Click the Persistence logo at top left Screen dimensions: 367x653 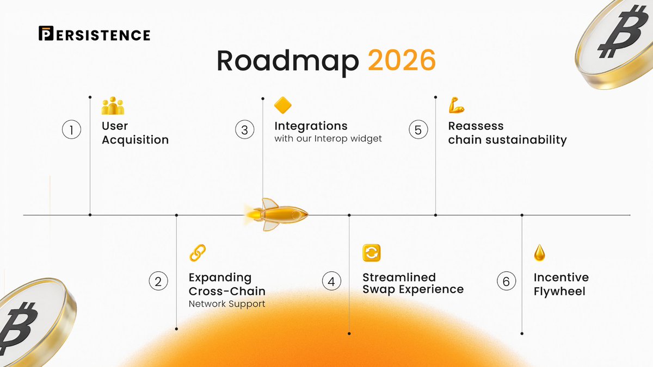pyautogui.click(x=94, y=34)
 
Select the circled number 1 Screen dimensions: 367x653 pyautogui.click(x=71, y=130)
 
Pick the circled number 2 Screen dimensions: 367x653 pyautogui.click(x=158, y=282)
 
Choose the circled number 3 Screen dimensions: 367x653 pyautogui.click(x=245, y=130)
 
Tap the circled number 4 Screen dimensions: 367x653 pyautogui.click(x=331, y=282)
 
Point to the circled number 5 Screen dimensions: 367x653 pyautogui.click(x=418, y=130)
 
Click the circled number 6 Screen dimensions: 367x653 pyautogui.click(x=506, y=282)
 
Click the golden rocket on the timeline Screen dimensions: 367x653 pyautogui.click(x=278, y=214)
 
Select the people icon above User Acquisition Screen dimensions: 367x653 pyautogui.click(x=113, y=105)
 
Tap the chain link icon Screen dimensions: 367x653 pyautogui.click(x=197, y=253)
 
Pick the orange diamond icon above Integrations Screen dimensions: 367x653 pyautogui.click(x=283, y=105)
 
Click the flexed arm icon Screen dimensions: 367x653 pyautogui.click(x=456, y=105)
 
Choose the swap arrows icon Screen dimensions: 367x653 pyautogui.click(x=372, y=253)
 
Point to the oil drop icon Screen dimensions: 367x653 pyautogui.click(x=539, y=252)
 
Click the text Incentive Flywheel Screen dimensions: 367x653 pyautogui.click(x=560, y=284)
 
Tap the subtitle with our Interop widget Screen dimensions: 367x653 pyautogui.click(x=328, y=139)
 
